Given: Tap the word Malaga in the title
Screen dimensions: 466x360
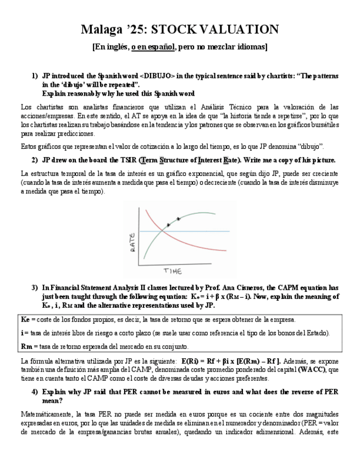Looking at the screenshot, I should coord(103,29).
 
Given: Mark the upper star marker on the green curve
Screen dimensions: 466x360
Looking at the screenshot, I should coord(178,219).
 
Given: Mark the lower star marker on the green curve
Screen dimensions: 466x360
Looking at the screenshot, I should coord(169,225).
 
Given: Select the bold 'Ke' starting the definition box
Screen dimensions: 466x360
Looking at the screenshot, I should coord(25,319).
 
